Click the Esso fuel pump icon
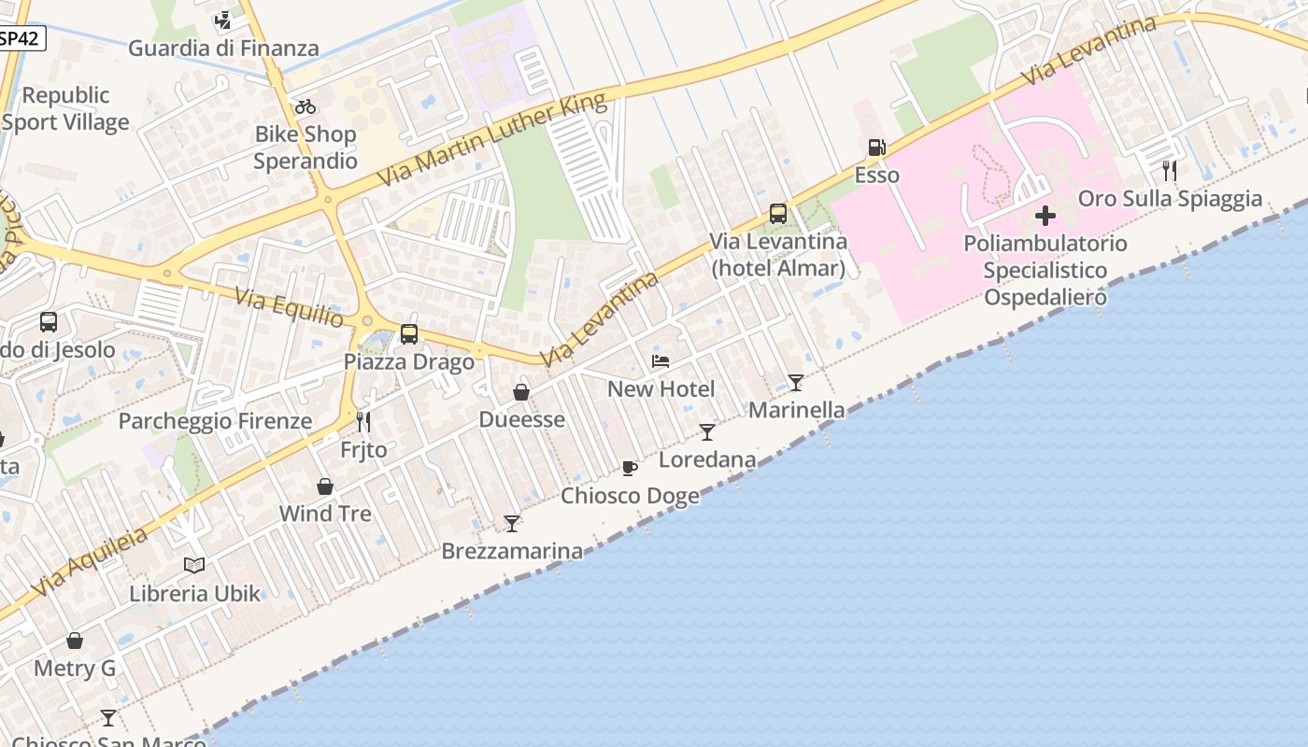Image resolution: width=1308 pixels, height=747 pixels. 876,147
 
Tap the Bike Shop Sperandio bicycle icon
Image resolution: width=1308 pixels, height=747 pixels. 306,106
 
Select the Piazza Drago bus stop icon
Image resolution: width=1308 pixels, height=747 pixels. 408,333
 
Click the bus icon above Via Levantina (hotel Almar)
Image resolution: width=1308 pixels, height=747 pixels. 778,214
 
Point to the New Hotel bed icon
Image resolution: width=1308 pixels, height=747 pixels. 661,361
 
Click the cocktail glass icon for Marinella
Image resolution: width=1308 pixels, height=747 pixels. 795,382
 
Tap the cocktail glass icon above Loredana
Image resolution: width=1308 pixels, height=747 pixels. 707,431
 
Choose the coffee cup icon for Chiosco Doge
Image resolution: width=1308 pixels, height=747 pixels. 630,468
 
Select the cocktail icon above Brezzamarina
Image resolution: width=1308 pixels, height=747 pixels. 511,523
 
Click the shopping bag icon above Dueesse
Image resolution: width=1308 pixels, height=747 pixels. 521,392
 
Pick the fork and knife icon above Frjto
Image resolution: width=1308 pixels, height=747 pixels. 363,422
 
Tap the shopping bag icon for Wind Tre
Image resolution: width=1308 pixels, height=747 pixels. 325,486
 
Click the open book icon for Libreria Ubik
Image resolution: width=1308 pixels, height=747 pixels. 194,565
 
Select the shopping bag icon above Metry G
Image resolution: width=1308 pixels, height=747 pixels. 75,641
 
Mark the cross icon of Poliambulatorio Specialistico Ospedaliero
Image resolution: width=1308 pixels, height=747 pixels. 1045,217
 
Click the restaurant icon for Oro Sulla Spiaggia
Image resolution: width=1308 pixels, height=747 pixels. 1169,170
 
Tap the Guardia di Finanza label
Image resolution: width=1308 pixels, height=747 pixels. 223,48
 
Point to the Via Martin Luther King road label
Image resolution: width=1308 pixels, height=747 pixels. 491,139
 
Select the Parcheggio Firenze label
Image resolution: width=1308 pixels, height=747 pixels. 215,421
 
